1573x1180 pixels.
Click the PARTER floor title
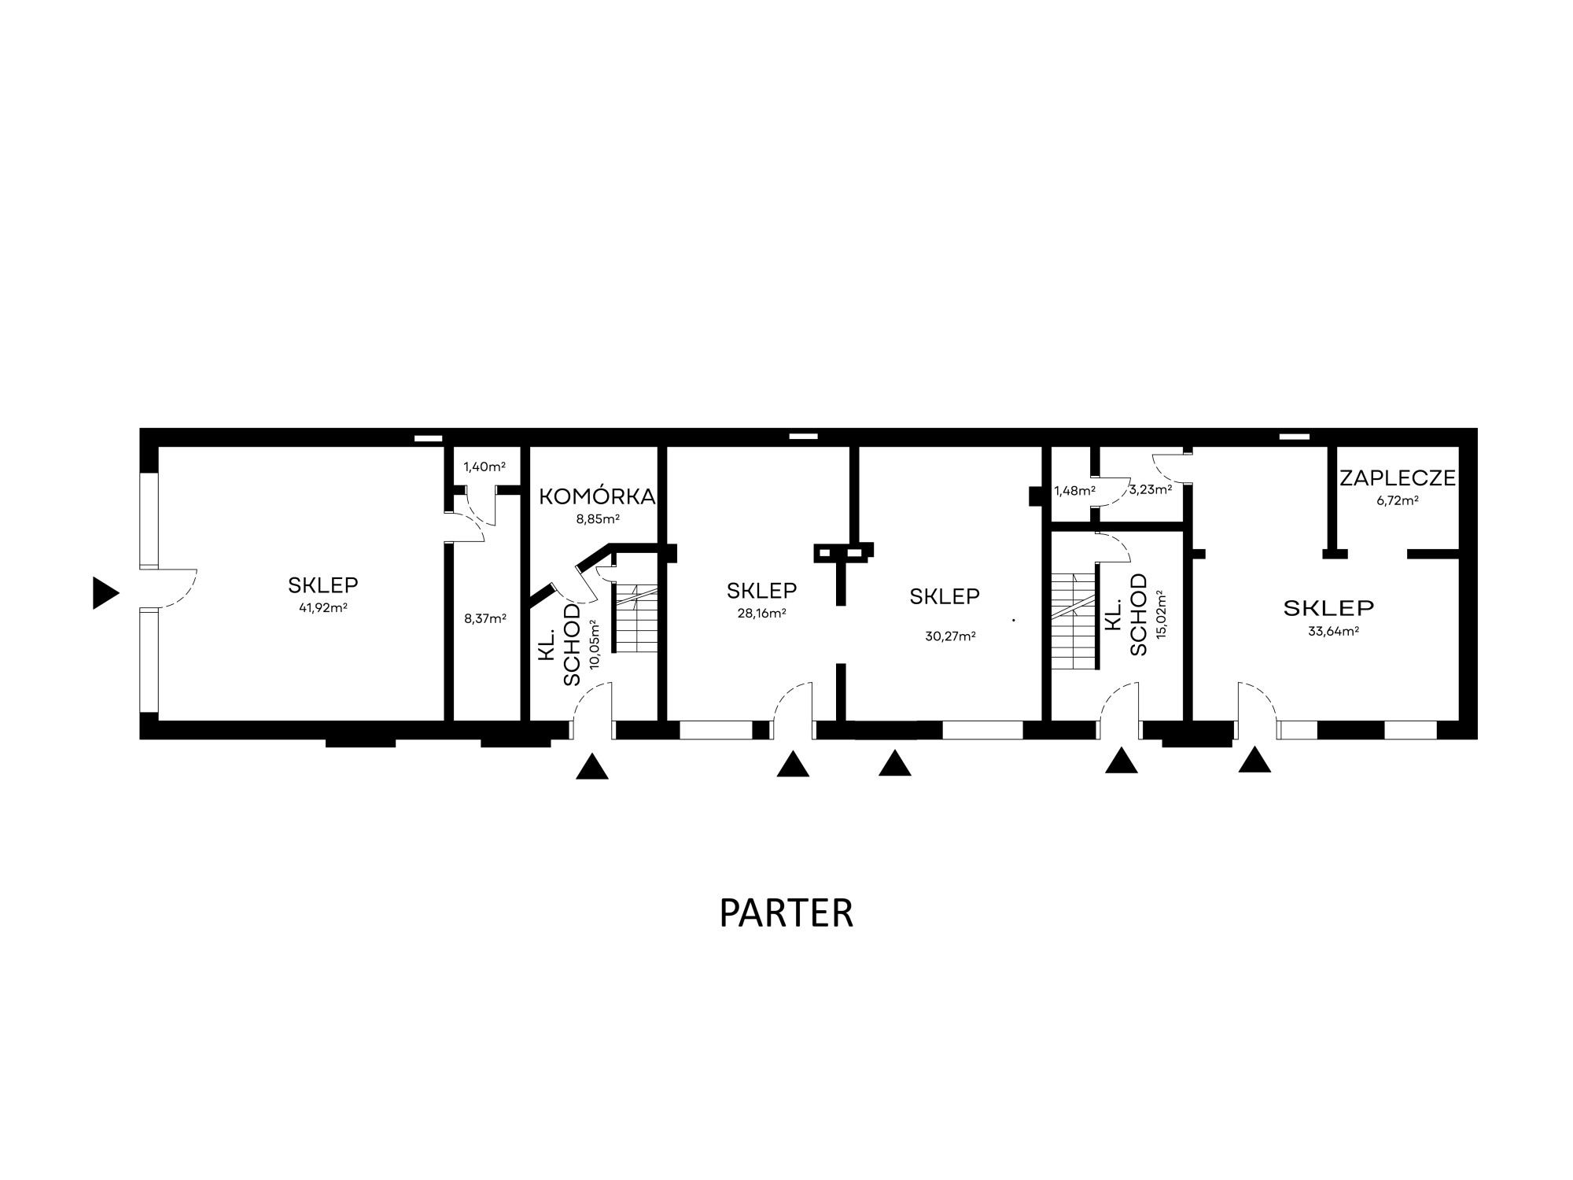(x=786, y=913)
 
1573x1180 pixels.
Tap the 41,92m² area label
(x=323, y=607)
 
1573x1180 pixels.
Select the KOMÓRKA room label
(x=597, y=496)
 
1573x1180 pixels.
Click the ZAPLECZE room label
(x=1398, y=478)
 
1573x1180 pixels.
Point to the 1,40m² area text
(x=484, y=466)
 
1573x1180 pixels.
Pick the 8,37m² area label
(x=485, y=618)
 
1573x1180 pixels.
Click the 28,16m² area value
(x=762, y=613)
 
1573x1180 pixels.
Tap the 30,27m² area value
(x=951, y=636)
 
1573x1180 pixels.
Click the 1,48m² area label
(x=1075, y=491)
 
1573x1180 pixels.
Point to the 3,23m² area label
(x=1151, y=489)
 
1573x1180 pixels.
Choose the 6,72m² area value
(x=1398, y=500)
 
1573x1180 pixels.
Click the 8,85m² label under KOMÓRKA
(x=598, y=518)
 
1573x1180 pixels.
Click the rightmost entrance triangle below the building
(x=1254, y=759)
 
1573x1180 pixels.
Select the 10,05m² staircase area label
(x=595, y=643)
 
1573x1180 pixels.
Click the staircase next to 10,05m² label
(x=635, y=618)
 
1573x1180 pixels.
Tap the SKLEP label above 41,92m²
(x=323, y=585)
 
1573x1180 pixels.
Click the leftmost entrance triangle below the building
(x=592, y=766)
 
